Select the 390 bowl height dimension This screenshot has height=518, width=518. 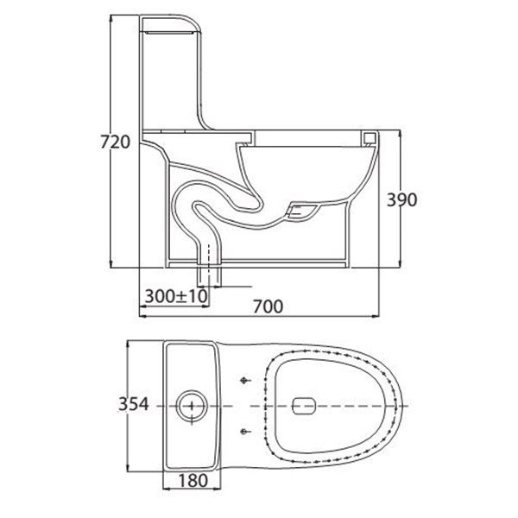tap(401, 199)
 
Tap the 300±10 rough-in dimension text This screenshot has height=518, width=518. tap(175, 295)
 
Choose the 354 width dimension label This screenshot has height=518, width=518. tap(135, 404)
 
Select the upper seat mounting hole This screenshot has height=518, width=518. tap(244, 379)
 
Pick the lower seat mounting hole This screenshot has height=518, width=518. tap(244, 430)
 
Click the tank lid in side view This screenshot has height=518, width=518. tap(177, 23)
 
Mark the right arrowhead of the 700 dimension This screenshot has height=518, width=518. tap(380, 314)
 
